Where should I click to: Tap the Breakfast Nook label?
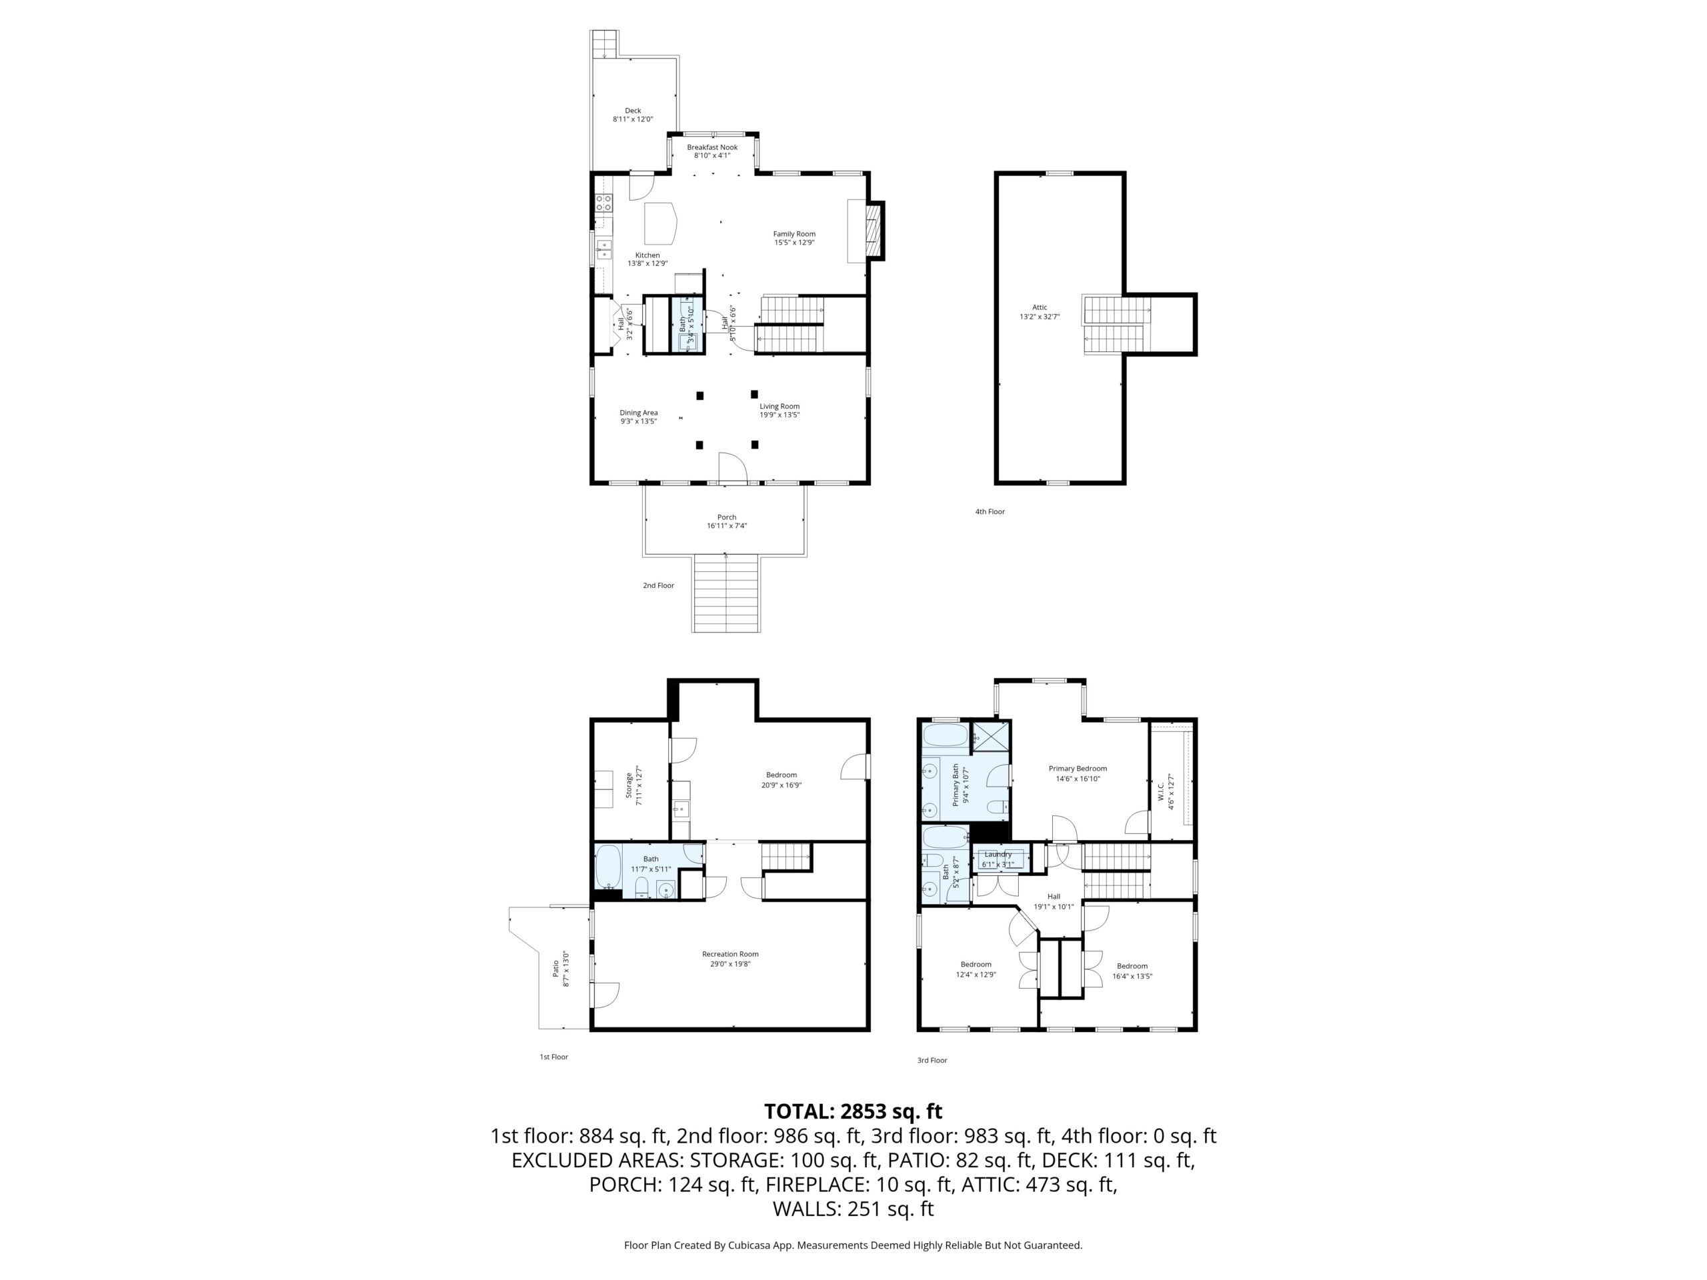(x=712, y=147)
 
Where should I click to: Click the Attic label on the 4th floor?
(x=1040, y=308)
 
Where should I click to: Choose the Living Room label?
(x=779, y=407)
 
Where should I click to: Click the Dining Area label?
(x=639, y=413)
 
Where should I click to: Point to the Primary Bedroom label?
(x=1078, y=769)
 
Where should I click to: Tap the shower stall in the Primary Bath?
(x=990, y=735)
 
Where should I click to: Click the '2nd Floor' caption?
(x=658, y=585)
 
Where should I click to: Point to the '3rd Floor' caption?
(x=932, y=1060)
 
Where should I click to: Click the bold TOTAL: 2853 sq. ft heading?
(x=853, y=1111)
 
